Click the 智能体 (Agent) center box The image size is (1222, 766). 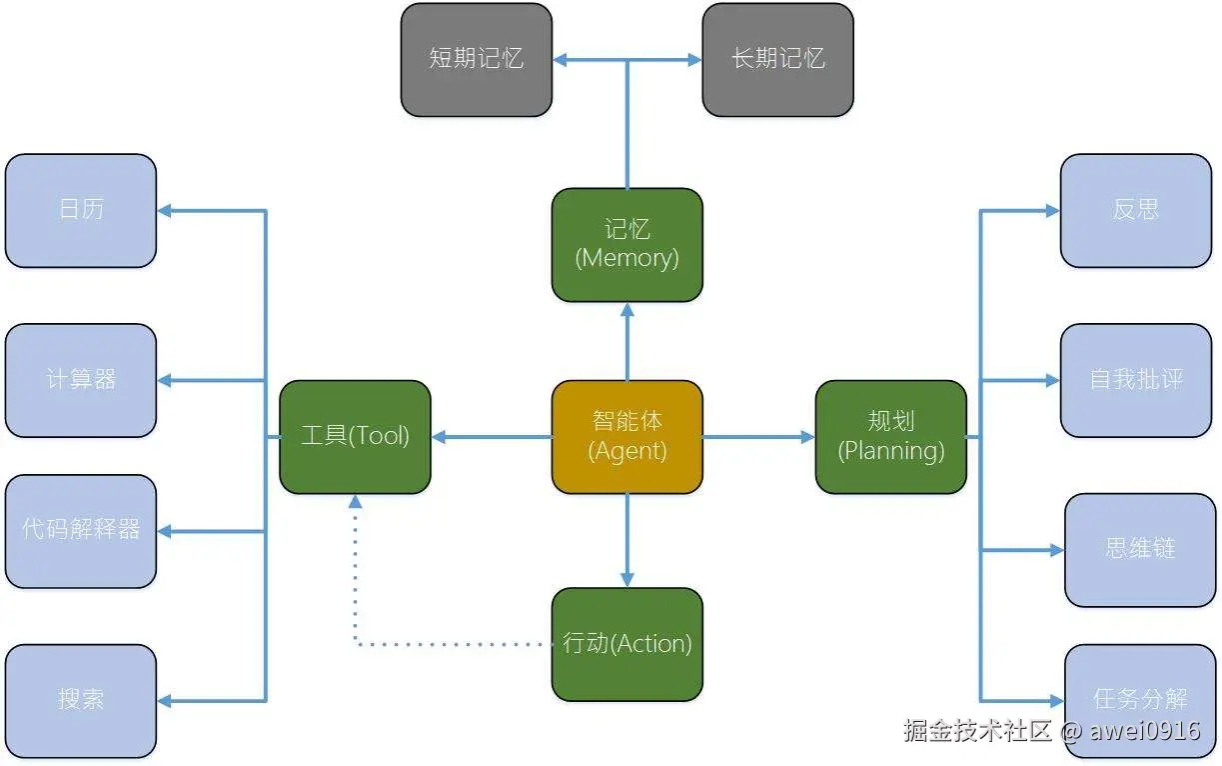[627, 436]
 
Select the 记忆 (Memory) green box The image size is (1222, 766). [627, 244]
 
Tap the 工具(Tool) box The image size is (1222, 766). [355, 436]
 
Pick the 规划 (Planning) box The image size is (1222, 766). [891, 436]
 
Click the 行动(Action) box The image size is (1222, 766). [627, 644]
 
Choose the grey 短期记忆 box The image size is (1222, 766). [477, 59]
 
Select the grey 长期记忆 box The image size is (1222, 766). [777, 59]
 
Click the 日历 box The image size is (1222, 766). [81, 210]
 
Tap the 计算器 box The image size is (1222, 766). [81, 380]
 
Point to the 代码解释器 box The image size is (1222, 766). [81, 530]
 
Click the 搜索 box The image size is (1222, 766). [81, 700]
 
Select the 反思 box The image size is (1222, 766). [1136, 210]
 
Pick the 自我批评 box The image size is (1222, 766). [1136, 380]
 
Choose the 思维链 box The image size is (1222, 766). [1140, 549]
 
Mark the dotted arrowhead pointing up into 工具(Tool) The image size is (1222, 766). [355, 502]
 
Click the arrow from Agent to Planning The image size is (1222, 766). [759, 437]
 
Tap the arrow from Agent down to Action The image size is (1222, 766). [627, 540]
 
